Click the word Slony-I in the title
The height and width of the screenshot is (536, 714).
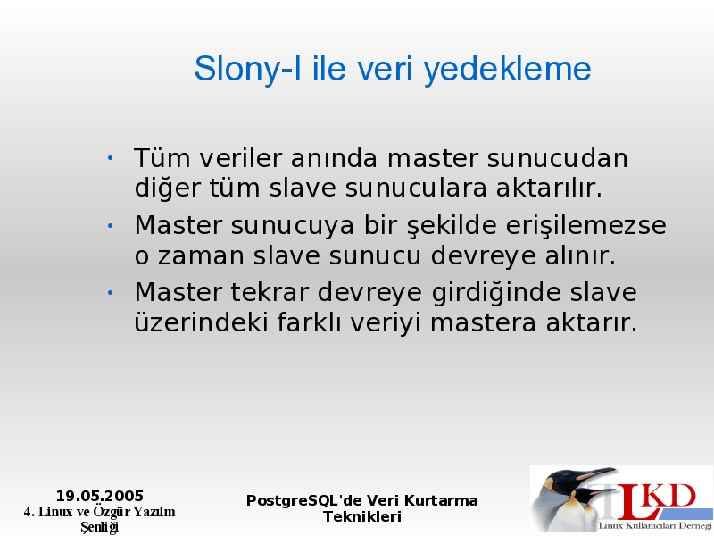click(248, 69)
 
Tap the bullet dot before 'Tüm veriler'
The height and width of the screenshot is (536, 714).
click(110, 158)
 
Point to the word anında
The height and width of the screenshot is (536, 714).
click(334, 158)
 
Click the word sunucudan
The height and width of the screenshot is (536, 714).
click(558, 158)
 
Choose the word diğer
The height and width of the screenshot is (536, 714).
click(167, 188)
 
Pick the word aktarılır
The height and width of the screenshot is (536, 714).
click(549, 188)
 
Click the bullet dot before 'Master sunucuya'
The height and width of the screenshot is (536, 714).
click(110, 225)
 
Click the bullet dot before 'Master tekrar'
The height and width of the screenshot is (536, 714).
click(110, 293)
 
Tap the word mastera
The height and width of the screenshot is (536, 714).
click(483, 322)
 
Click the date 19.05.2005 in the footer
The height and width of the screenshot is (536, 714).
click(100, 496)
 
